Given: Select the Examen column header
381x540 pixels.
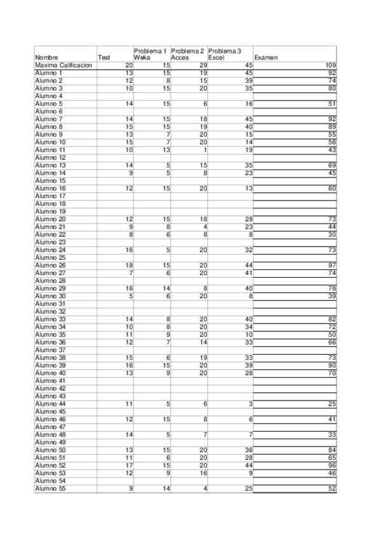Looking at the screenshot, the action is click(265, 58).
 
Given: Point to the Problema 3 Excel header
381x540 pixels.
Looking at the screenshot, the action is click(225, 54).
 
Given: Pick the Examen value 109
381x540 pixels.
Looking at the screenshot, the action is click(330, 66).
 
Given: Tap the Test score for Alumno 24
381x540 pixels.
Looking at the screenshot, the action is click(129, 250).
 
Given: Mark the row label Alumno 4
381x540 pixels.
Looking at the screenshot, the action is click(48, 96).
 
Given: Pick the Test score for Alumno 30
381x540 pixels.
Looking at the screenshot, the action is click(130, 296).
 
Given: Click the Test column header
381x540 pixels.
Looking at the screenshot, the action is click(104, 58).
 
